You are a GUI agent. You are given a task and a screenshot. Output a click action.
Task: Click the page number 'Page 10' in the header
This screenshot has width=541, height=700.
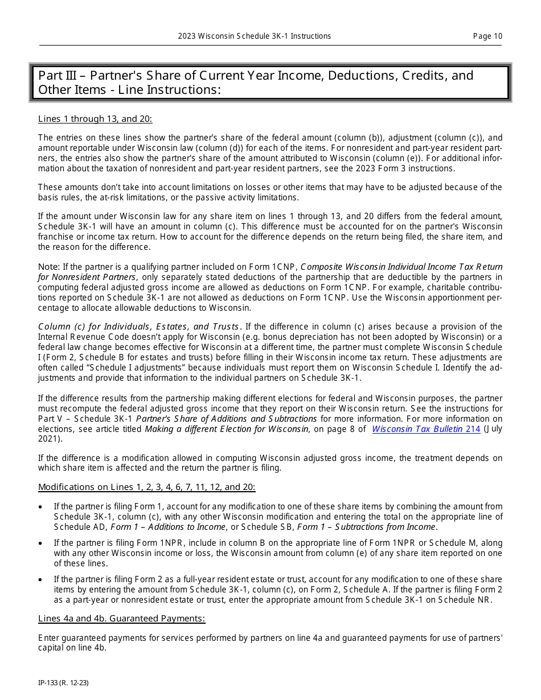[487, 36]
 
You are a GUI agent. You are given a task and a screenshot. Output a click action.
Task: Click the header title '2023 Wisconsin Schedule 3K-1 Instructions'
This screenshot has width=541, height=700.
[254, 36]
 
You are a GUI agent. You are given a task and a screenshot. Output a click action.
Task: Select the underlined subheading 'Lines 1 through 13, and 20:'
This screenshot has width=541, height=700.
[95, 119]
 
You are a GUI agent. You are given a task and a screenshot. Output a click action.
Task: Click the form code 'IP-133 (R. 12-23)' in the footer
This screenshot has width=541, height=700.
[63, 682]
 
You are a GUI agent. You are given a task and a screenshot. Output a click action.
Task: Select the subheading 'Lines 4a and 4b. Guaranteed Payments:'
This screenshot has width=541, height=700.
[121, 619]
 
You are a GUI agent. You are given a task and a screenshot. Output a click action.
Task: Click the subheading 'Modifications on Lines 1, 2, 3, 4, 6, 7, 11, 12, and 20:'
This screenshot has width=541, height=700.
[146, 487]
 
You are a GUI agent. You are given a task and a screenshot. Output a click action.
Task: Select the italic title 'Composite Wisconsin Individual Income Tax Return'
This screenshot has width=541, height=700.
[401, 267]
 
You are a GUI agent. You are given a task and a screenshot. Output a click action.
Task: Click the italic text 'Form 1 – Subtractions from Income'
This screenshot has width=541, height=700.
[367, 527]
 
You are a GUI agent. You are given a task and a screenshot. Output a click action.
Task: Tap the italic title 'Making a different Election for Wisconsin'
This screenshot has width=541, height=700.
[226, 429]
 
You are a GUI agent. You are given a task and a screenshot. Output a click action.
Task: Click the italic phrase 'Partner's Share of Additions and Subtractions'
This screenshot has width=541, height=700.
[226, 419]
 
